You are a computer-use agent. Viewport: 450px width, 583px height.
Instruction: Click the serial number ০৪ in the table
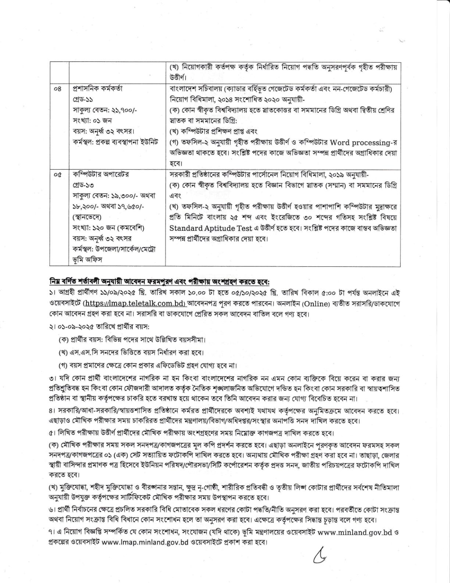pyautogui.click(x=57, y=89)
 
